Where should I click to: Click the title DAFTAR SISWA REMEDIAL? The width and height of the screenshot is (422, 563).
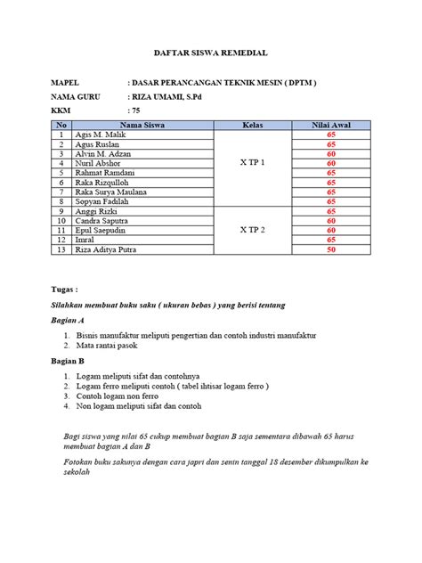[x=211, y=54]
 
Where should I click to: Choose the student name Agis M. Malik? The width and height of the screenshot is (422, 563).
[x=100, y=135]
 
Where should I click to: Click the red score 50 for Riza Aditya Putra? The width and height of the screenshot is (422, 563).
[x=330, y=250]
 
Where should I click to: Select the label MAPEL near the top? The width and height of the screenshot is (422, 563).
[x=65, y=83]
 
